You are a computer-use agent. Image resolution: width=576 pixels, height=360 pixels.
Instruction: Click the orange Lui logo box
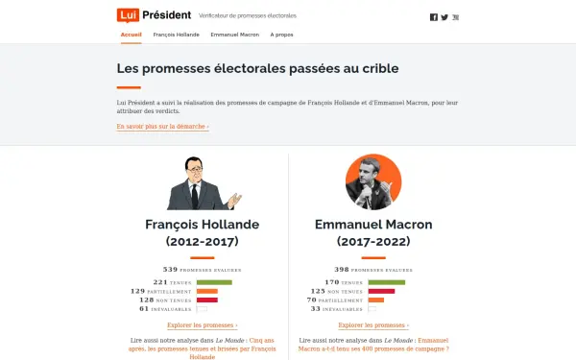click(127, 15)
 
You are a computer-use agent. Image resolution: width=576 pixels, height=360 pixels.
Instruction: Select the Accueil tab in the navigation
click(132, 35)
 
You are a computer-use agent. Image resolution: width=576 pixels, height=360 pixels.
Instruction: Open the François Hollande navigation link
click(175, 35)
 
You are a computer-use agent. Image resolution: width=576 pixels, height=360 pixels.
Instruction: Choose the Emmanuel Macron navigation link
click(234, 35)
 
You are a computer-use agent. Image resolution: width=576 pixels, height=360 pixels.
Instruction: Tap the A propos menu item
click(282, 35)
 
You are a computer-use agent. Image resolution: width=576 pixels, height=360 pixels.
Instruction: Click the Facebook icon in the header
click(434, 17)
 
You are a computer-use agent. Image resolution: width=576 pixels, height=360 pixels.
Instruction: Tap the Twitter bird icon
click(444, 17)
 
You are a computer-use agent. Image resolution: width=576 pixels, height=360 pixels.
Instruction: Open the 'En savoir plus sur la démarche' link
click(162, 126)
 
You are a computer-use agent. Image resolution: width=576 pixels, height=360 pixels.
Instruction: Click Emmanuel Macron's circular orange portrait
click(373, 181)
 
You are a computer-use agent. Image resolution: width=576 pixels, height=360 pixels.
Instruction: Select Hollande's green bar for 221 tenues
click(214, 282)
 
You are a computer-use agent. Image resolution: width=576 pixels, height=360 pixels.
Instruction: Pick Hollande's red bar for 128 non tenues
click(207, 300)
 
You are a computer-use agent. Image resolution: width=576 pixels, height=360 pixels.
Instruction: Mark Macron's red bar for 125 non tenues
click(381, 291)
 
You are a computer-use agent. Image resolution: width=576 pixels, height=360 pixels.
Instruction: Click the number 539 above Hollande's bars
click(171, 269)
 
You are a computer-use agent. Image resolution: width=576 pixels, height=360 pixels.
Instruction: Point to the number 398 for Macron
click(341, 269)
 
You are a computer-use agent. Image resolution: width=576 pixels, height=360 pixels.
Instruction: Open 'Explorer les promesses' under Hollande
click(202, 325)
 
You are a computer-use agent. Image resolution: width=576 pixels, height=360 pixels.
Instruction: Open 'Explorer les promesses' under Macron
click(373, 325)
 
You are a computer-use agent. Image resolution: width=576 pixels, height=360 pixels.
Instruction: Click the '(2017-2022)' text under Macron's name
click(373, 241)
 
